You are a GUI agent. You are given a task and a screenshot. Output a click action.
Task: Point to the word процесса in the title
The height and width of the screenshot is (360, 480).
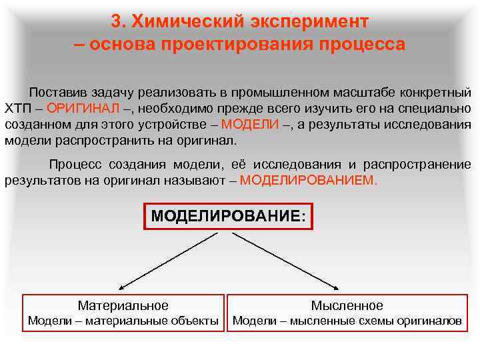pyautogui.click(x=362, y=45)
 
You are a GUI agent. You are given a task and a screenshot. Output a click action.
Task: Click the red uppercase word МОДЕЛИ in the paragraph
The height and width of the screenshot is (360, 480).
pyautogui.click(x=250, y=125)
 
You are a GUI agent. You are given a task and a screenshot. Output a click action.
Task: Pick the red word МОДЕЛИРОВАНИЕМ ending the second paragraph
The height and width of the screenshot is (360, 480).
pyautogui.click(x=308, y=180)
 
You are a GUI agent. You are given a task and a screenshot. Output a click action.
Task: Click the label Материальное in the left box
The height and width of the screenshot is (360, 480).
pyautogui.click(x=123, y=305)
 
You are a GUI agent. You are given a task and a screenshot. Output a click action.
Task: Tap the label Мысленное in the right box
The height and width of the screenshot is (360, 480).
pyautogui.click(x=347, y=305)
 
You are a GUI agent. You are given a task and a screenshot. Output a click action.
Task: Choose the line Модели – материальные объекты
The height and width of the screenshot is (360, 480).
pyautogui.click(x=123, y=321)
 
